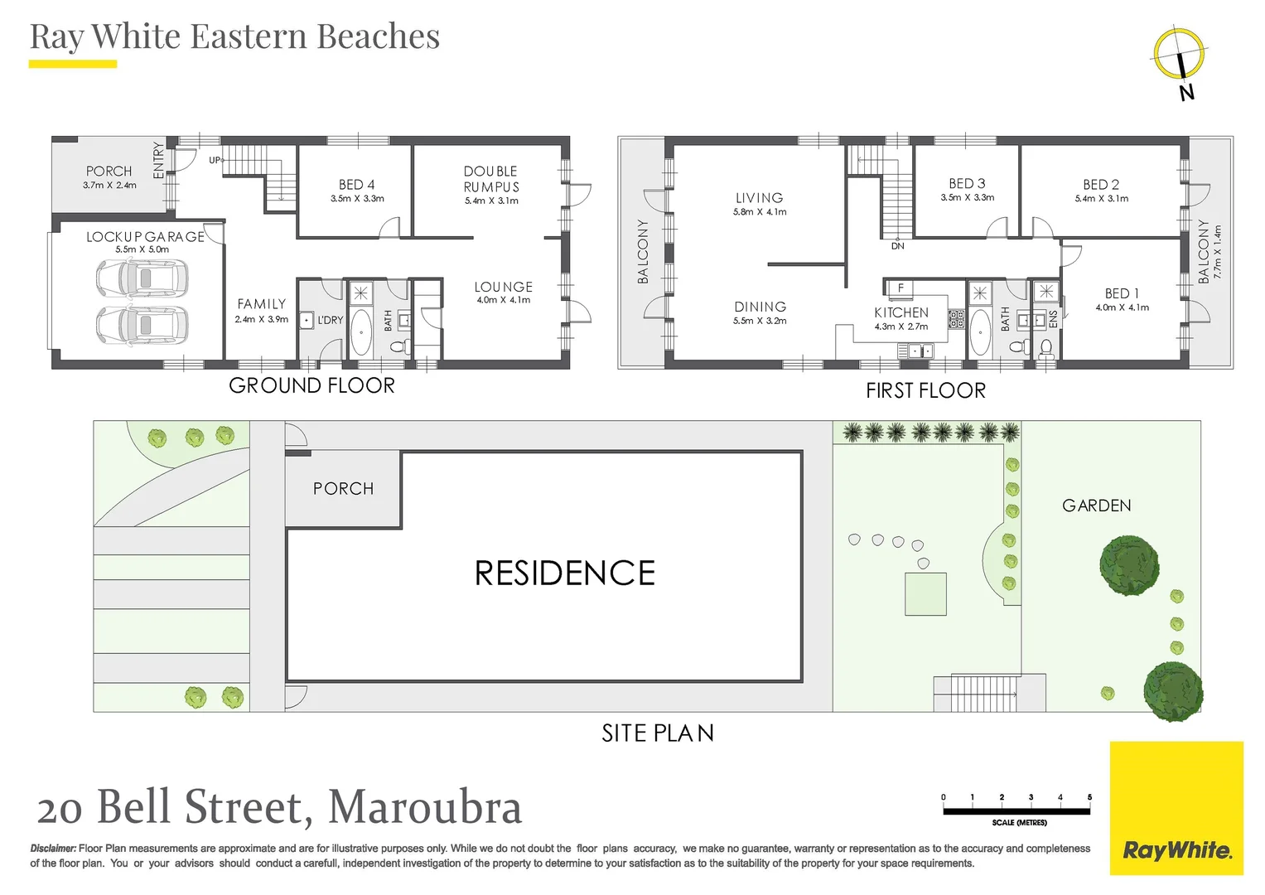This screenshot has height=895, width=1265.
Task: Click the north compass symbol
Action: tap(1180, 56)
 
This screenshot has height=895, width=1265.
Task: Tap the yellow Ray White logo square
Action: tap(1176, 808)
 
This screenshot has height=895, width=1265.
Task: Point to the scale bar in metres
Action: tap(1016, 811)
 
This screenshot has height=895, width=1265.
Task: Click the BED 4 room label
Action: tap(356, 185)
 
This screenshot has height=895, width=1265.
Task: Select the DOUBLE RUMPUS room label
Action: tap(491, 179)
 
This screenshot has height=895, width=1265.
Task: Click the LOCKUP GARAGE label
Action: tap(145, 237)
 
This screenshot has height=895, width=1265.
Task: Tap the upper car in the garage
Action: tap(142, 278)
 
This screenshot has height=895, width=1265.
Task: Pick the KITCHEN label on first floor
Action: tap(901, 312)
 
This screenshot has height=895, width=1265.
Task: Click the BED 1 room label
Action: tap(1122, 293)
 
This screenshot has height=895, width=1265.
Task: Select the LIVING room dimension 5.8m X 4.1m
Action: tap(760, 212)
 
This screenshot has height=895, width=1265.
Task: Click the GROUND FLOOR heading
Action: tap(311, 385)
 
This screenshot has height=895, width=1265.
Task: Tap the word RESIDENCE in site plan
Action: tap(564, 573)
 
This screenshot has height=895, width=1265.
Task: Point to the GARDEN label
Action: tap(1096, 506)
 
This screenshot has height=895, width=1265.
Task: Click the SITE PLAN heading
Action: tap(657, 733)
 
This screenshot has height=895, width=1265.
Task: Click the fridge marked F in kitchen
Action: tap(900, 288)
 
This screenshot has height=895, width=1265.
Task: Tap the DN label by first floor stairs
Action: tap(897, 246)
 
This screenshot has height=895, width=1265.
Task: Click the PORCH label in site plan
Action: tap(343, 489)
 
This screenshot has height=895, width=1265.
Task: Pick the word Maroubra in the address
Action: tap(425, 807)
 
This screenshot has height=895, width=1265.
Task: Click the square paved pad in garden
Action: tap(925, 594)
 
